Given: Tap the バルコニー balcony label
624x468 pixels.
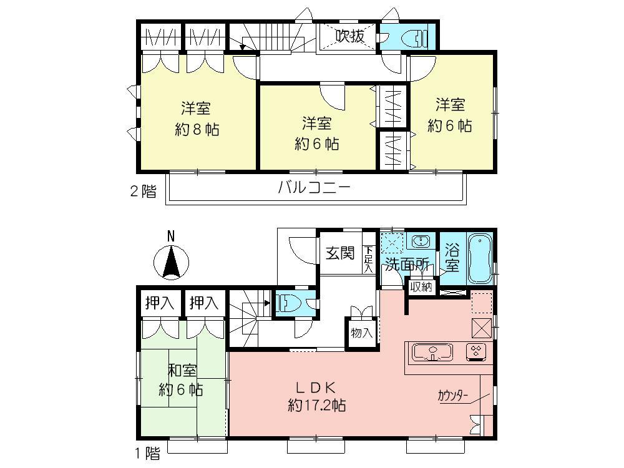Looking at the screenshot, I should tap(314, 187).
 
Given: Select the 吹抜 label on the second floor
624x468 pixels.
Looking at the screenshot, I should tap(349, 37).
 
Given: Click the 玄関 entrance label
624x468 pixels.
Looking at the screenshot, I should tap(340, 253).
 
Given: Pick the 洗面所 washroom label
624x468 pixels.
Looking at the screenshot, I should tap(406, 264).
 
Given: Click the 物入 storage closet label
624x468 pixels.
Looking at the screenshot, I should tap(361, 333).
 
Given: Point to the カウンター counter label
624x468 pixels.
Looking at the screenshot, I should tap(454, 395).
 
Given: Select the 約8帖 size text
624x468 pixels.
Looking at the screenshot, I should tap(197, 130).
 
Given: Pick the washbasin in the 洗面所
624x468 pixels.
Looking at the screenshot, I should tap(422, 241).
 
